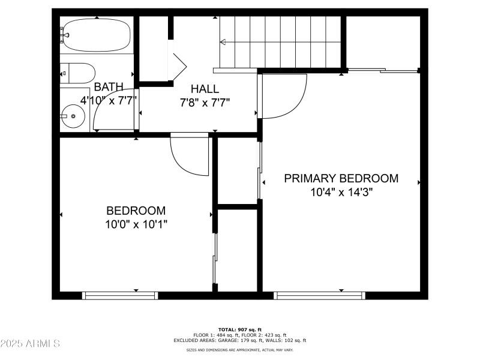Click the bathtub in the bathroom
pyautogui.click(x=96, y=35)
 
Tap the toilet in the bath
pyautogui.click(x=77, y=72)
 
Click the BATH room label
pyautogui.click(x=109, y=87)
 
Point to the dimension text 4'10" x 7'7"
pyautogui.click(x=109, y=100)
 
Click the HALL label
pyautogui.click(x=205, y=89)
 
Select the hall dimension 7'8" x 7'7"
pyautogui.click(x=205, y=102)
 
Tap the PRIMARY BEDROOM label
pyautogui.click(x=341, y=178)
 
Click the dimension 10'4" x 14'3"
pyautogui.click(x=341, y=192)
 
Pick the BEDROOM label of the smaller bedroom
pyautogui.click(x=136, y=211)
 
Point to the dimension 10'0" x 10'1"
pyautogui.click(x=136, y=224)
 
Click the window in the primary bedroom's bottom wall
pyautogui.click(x=320, y=295)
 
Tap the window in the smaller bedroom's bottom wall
pyautogui.click(x=120, y=295)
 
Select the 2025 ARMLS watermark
pyautogui.click(x=30, y=344)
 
